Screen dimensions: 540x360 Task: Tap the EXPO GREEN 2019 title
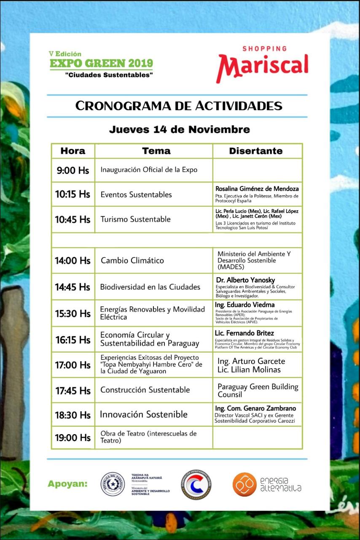click(x=101, y=64)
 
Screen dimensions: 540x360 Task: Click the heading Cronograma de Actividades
click(x=179, y=105)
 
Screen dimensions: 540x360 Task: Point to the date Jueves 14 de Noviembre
click(x=179, y=129)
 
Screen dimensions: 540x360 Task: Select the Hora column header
click(x=73, y=151)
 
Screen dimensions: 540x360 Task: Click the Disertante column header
click(x=256, y=151)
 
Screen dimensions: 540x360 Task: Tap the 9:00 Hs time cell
click(x=73, y=170)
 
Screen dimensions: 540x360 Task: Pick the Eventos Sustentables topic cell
click(x=136, y=194)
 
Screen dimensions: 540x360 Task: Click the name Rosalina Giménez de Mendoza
click(x=257, y=189)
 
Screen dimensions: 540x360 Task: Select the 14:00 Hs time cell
click(x=73, y=260)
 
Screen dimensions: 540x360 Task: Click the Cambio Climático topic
click(x=132, y=260)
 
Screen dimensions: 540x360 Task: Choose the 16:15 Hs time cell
click(x=73, y=340)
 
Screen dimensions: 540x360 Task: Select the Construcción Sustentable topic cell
click(x=145, y=390)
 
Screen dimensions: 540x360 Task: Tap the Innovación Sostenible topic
click(x=144, y=414)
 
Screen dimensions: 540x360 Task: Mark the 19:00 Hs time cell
click(x=73, y=437)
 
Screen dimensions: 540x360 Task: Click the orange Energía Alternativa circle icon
click(x=244, y=484)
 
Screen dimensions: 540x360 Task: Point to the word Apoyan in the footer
click(x=67, y=483)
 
